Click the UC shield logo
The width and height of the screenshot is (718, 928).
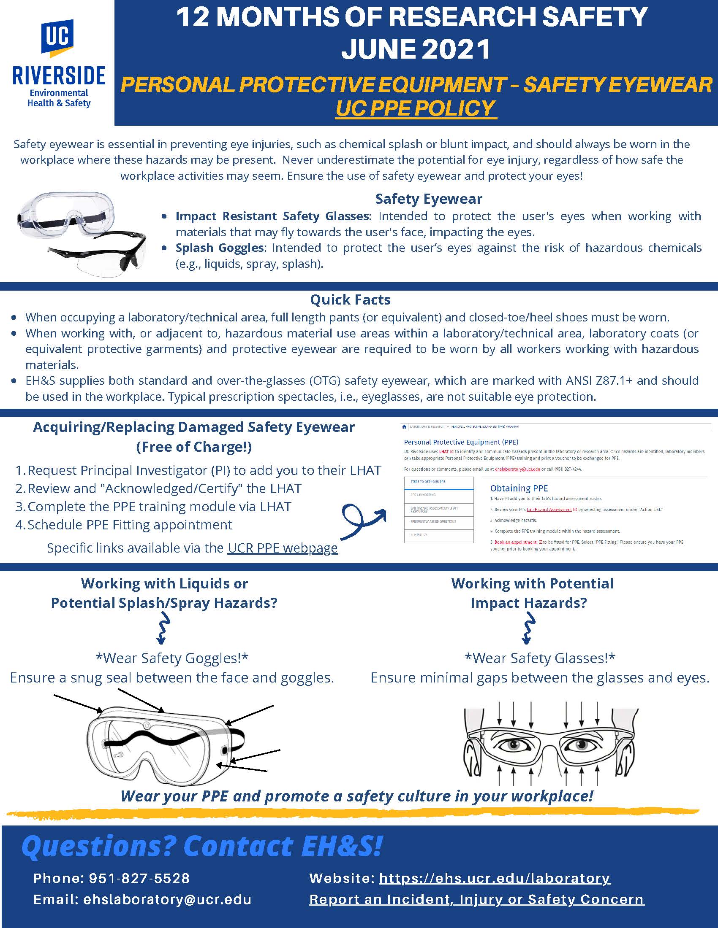(x=57, y=38)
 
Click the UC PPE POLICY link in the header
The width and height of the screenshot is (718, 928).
(x=416, y=108)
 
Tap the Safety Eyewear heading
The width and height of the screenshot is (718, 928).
(x=428, y=199)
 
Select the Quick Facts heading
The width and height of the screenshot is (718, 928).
(x=350, y=299)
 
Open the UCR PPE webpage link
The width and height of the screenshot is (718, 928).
(x=283, y=548)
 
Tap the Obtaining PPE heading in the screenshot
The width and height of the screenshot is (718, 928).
(x=519, y=488)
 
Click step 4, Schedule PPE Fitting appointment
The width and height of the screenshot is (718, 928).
(x=129, y=525)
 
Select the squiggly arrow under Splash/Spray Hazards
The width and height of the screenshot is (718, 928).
(x=163, y=628)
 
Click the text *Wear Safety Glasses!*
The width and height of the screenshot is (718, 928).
(x=540, y=658)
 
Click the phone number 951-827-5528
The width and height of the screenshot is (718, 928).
(x=139, y=878)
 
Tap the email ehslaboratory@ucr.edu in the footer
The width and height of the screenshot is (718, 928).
(x=167, y=900)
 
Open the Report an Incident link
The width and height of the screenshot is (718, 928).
(x=476, y=900)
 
